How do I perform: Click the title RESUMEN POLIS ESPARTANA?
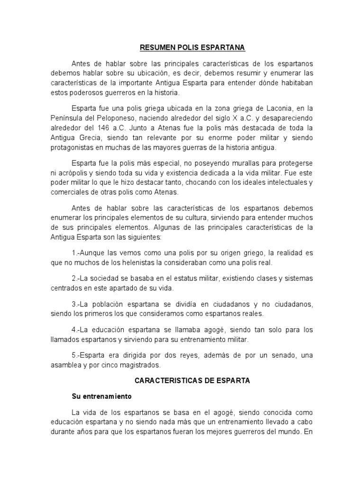tap(192, 48)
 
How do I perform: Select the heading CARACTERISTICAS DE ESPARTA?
tap(192, 380)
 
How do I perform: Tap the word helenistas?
tap(141, 262)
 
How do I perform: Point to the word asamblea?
tap(68, 365)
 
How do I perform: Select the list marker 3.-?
tap(76, 304)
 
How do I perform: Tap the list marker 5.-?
tap(76, 355)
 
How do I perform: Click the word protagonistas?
tap(73, 148)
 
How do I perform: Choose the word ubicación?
tap(151, 73)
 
